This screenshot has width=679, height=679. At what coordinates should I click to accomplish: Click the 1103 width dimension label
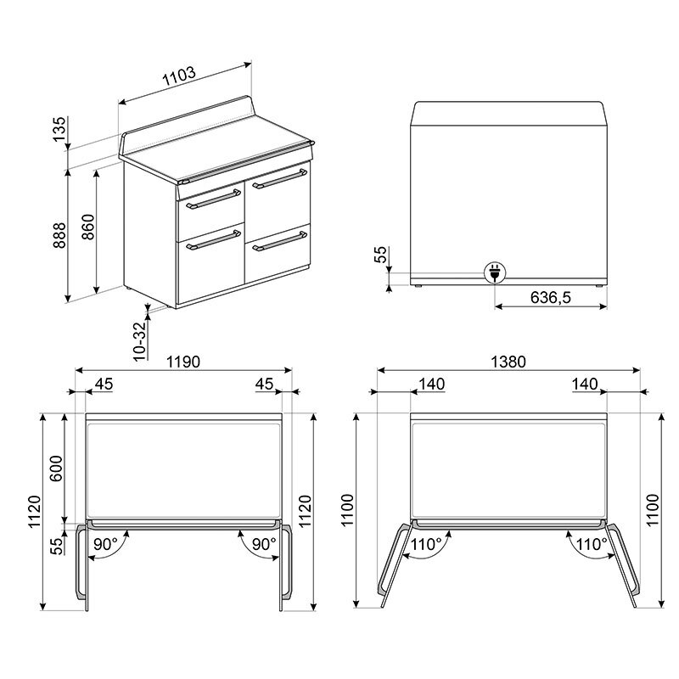tap(179, 74)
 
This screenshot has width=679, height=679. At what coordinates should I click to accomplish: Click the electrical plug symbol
tap(494, 272)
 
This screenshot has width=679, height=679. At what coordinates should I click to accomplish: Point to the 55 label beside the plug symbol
tap(381, 255)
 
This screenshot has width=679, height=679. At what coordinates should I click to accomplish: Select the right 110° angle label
tap(592, 544)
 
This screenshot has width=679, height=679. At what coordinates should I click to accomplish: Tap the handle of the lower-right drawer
tap(277, 241)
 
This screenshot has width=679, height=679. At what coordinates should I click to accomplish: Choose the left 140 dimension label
tap(432, 384)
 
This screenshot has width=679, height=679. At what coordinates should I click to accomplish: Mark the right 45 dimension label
tap(264, 384)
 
